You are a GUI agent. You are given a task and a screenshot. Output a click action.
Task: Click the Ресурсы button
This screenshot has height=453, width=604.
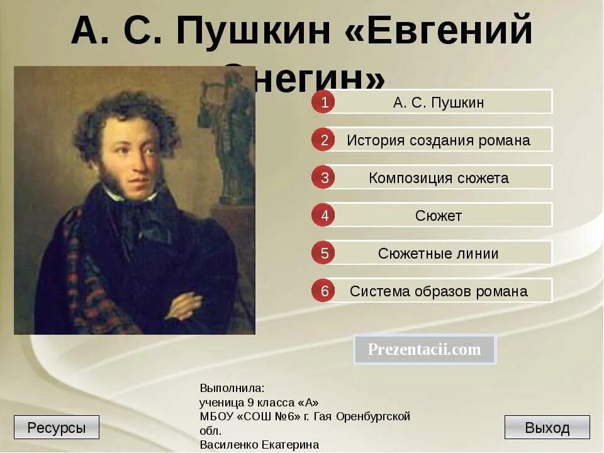(57, 428)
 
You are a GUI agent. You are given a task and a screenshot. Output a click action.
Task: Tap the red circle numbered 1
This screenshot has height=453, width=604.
(324, 102)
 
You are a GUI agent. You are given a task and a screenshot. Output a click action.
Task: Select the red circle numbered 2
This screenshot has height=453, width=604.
(324, 140)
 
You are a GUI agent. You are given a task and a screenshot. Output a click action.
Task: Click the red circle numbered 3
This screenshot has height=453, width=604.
(324, 177)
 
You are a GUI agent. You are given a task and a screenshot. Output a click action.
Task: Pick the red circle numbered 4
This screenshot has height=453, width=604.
(324, 215)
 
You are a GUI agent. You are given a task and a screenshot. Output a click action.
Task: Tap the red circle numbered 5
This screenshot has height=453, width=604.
(324, 253)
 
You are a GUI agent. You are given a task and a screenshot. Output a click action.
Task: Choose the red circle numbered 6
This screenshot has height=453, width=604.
(324, 291)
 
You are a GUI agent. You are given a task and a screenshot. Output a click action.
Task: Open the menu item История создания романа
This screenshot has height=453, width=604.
(439, 140)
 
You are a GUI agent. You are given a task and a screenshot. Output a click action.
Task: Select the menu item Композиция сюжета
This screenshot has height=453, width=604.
(439, 177)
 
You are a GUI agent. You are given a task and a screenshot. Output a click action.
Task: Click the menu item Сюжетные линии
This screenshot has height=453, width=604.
(439, 254)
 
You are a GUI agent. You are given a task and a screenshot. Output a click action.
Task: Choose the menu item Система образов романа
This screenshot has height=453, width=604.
(439, 291)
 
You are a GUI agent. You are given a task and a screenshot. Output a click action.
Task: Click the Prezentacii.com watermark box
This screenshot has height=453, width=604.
(425, 350)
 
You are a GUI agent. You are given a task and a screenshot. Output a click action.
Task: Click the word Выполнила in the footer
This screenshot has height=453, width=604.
(232, 388)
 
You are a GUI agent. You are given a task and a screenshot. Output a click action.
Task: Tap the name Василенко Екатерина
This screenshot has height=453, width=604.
(259, 445)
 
